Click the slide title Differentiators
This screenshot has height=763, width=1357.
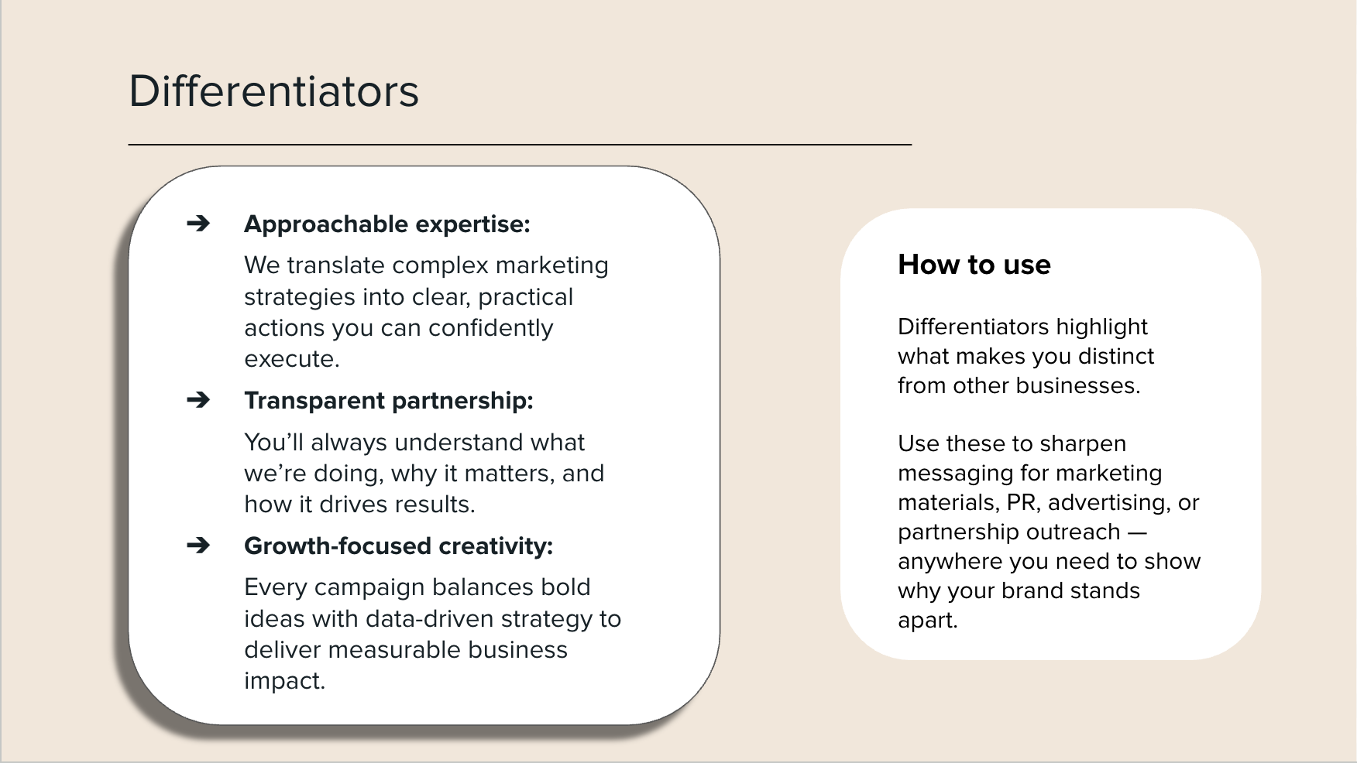(x=273, y=91)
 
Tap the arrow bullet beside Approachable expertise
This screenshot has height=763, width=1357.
(x=198, y=224)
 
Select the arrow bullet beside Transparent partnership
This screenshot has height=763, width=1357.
(x=198, y=400)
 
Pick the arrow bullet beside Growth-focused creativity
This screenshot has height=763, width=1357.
(x=198, y=546)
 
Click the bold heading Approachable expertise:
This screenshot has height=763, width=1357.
(x=386, y=224)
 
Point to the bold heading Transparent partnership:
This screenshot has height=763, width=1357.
(x=388, y=401)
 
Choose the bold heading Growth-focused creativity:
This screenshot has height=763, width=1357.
(x=398, y=546)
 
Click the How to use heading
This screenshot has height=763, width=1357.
(x=974, y=265)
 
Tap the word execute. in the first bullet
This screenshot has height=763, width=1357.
(x=291, y=359)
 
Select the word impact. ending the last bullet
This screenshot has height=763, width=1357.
(x=284, y=681)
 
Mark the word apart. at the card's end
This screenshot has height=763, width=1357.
(x=927, y=621)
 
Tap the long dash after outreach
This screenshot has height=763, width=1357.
(x=1137, y=532)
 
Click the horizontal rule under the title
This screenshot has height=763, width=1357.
(x=519, y=145)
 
